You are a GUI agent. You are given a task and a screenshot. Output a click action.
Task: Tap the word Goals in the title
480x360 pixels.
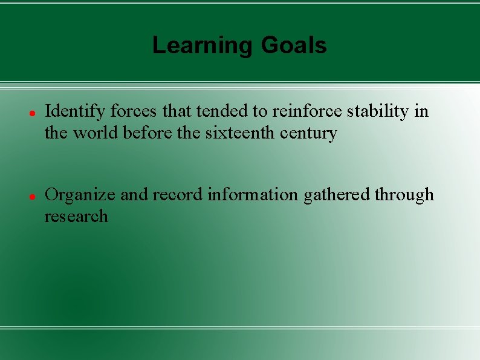[294, 45]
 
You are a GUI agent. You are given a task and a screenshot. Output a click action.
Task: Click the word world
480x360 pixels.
[96, 133]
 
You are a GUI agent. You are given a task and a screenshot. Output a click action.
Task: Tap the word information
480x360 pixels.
[253, 195]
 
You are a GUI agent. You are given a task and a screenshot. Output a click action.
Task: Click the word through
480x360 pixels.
[404, 195]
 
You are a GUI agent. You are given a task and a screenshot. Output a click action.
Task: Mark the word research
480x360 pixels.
[76, 216]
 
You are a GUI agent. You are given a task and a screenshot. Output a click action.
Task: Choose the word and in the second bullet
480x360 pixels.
[132, 195]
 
